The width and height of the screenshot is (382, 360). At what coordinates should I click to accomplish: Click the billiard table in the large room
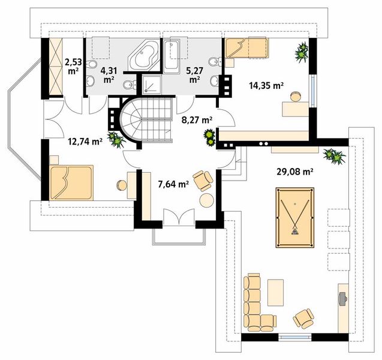[x=295, y=217]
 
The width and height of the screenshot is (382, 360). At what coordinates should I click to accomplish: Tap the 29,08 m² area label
[x=295, y=172]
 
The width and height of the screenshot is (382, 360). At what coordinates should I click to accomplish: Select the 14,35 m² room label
[x=266, y=86]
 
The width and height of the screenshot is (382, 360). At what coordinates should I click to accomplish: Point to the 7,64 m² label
[x=173, y=184]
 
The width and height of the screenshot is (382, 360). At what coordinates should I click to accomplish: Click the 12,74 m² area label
[x=85, y=141]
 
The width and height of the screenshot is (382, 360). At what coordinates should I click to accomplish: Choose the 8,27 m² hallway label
[x=197, y=119]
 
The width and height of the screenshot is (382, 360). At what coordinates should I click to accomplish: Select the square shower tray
[x=152, y=84]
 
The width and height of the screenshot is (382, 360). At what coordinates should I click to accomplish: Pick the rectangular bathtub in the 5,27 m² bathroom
[x=172, y=56]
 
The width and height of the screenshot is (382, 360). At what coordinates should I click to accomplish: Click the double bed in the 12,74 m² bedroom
[x=71, y=183]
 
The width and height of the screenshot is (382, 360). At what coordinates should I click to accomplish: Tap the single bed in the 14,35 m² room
[x=246, y=48]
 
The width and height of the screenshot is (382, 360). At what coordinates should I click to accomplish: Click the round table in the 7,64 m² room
[x=206, y=200]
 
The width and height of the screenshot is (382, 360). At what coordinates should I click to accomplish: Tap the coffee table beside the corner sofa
[x=275, y=292]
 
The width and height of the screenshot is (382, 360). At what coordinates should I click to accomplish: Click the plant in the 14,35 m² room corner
[x=302, y=52]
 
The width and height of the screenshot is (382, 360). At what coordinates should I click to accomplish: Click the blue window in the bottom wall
[x=295, y=337]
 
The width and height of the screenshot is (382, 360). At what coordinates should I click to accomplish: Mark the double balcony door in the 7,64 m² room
[x=179, y=217]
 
